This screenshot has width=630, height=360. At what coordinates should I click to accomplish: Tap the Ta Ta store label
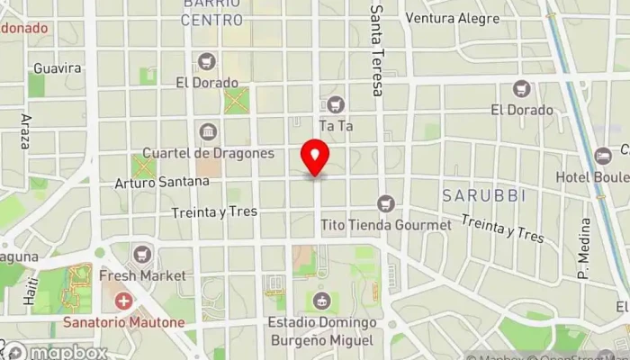tap(336, 125)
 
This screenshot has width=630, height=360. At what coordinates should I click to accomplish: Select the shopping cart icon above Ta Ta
tap(336, 104)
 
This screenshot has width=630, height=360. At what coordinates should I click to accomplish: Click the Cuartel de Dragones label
tap(208, 153)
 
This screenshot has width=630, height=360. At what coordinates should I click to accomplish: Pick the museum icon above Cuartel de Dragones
tap(208, 132)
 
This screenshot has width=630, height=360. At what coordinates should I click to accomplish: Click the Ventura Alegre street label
tap(452, 17)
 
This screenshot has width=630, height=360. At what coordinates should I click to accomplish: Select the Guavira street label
tap(57, 68)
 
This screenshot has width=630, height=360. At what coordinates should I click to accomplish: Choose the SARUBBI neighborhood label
tap(477, 195)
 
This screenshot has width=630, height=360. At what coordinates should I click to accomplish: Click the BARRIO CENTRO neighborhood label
tap(212, 12)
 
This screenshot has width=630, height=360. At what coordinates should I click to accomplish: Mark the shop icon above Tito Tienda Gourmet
tap(386, 204)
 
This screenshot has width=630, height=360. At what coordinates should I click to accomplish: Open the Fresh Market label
tap(142, 275)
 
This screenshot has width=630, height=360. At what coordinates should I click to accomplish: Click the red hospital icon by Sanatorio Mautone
tap(122, 300)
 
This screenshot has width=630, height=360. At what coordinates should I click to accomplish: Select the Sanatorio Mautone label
tap(122, 319)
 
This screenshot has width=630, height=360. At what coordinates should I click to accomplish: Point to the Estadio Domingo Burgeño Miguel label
tap(321, 331)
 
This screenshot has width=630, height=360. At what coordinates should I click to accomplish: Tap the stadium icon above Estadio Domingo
tap(320, 301)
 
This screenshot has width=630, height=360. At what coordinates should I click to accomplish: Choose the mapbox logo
tap(56, 351)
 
